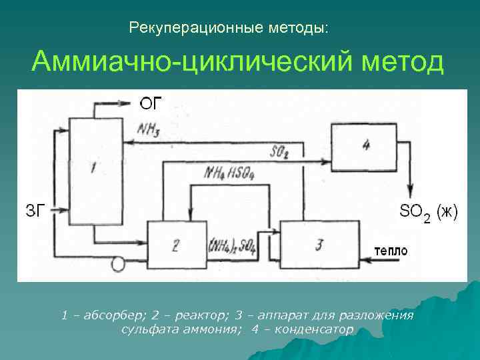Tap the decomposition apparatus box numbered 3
(319, 245)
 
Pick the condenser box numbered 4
(366, 144)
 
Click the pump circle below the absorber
(118, 264)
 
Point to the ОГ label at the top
(151, 103)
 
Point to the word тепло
(391, 251)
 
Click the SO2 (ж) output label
(428, 213)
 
